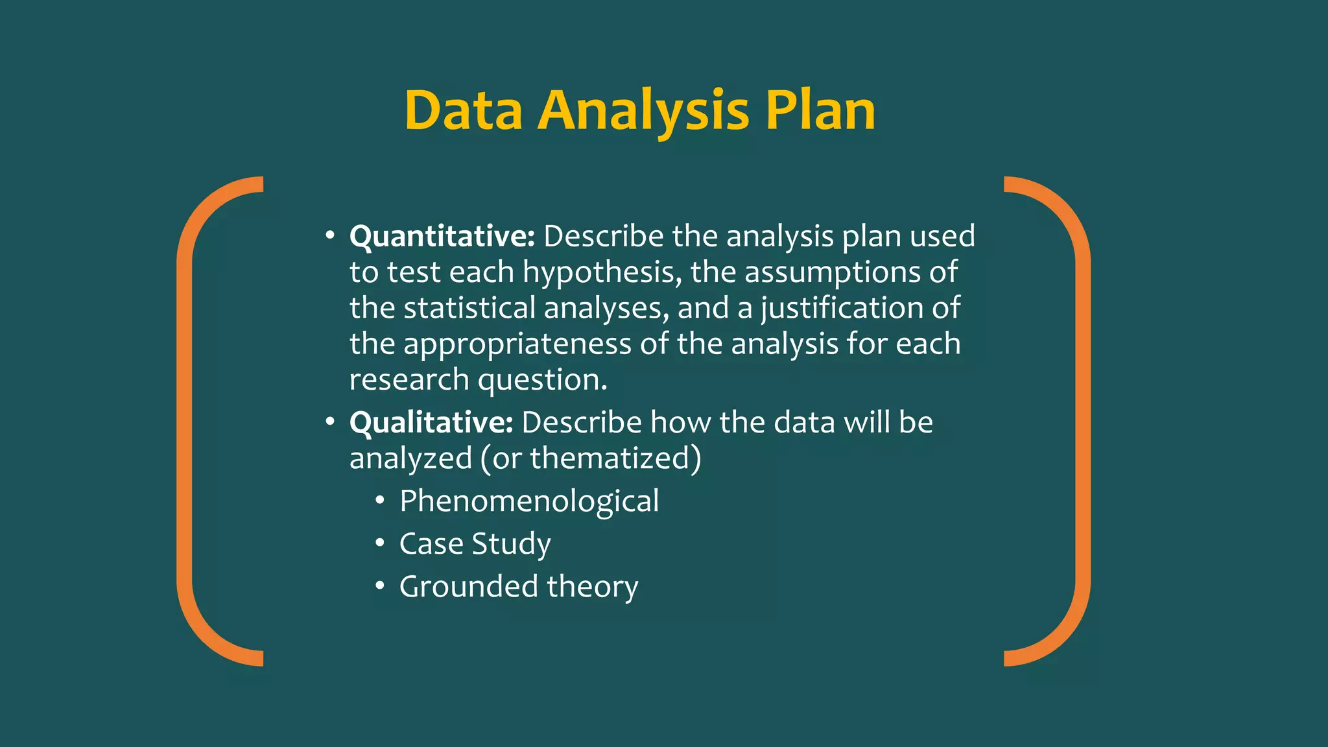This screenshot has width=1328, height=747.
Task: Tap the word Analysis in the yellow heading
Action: (643, 112)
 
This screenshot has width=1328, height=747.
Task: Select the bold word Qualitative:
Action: (431, 422)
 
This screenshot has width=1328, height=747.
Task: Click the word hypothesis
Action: (602, 272)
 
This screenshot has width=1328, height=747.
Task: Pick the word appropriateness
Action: (517, 344)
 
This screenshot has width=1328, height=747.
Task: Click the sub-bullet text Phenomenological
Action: (529, 501)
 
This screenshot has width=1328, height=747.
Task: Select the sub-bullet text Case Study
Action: (475, 543)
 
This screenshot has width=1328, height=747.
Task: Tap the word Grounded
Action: (468, 586)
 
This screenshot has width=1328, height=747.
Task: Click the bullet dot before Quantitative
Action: (330, 235)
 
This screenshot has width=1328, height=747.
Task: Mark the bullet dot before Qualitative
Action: (330, 421)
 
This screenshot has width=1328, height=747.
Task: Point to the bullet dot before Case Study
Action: (380, 543)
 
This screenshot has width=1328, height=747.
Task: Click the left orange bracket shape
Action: (185, 421)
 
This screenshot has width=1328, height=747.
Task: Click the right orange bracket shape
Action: (1082, 421)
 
